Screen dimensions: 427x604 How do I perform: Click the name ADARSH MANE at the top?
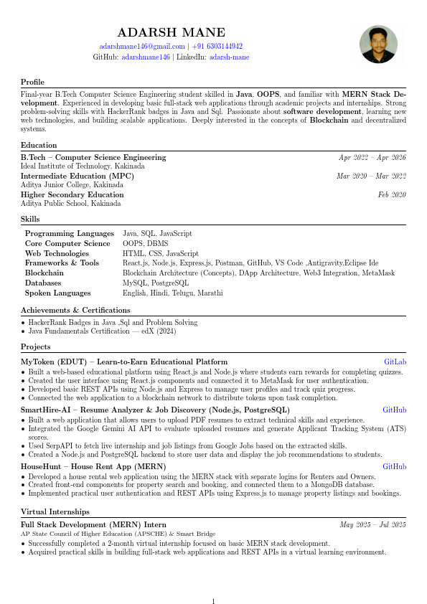point(171,32)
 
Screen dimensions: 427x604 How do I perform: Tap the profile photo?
point(378,45)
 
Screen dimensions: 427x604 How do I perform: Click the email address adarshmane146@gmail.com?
point(142,46)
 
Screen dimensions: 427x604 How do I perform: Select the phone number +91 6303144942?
point(217,46)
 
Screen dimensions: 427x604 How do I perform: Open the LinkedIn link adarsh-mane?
point(230,57)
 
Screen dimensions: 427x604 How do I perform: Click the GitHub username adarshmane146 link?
point(146,57)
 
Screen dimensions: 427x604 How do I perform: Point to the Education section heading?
point(39,145)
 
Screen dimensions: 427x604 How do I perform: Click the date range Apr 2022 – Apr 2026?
point(372,157)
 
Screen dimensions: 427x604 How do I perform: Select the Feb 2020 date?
point(392,194)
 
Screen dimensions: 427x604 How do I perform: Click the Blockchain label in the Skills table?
point(44,273)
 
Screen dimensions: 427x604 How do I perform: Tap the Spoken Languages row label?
point(57,293)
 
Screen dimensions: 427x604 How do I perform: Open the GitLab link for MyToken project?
point(395,362)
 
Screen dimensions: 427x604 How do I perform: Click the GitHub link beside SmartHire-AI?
point(394,410)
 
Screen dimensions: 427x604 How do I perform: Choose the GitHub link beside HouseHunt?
point(394,466)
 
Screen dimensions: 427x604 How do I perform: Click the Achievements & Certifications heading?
point(70,310)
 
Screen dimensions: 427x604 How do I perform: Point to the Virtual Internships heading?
point(55,512)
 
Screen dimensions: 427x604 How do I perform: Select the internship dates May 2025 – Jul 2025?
point(372,525)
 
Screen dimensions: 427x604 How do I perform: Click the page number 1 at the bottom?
point(213,582)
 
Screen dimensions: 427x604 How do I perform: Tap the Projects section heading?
point(36,347)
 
